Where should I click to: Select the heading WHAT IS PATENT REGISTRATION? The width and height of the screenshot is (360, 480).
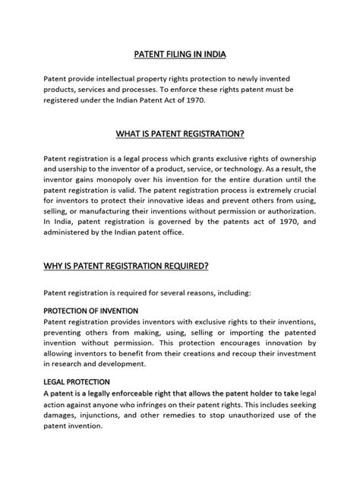pos(180,134)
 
